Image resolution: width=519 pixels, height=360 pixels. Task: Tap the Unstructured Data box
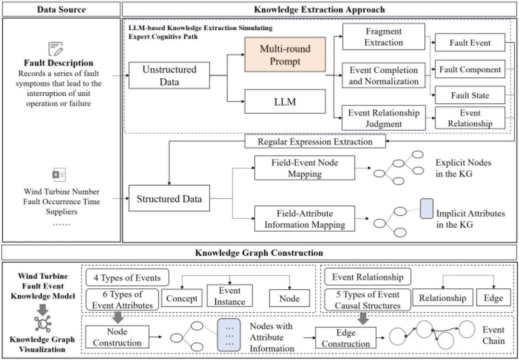click(169, 75)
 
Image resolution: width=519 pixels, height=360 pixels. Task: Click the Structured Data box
click(169, 199)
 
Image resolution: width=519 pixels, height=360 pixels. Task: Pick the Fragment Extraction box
click(384, 37)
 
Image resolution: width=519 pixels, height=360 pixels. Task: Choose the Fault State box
click(470, 95)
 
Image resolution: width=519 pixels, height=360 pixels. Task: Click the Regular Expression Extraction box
click(315, 142)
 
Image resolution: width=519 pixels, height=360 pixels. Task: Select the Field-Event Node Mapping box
click(303, 168)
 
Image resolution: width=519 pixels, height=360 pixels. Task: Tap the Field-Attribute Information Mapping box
click(303, 219)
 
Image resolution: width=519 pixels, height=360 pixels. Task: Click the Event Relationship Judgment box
click(384, 118)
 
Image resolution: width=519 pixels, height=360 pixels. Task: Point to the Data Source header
click(62, 9)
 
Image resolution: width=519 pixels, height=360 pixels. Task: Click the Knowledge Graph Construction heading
click(259, 253)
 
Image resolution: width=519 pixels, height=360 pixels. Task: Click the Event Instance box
click(230, 296)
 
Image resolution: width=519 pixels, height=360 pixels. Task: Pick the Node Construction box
click(117, 337)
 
